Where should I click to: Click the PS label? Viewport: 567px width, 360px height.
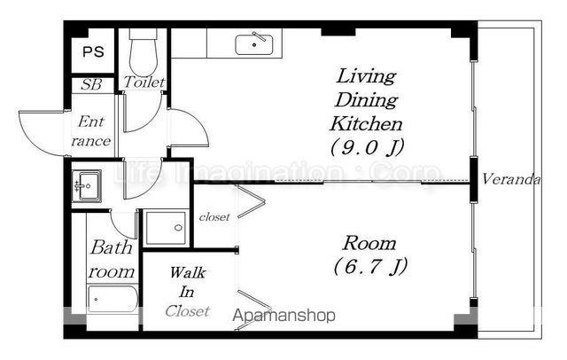pos(93,51)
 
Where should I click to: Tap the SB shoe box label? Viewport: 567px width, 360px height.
pos(91,84)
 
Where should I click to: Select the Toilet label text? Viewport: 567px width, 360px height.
pos(144,82)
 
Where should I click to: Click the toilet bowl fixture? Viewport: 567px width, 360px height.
pos(144,53)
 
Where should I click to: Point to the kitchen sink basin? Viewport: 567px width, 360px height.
pos(254,44)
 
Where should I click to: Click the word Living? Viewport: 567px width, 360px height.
pos(366,77)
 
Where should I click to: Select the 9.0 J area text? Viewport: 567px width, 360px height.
pos(367,146)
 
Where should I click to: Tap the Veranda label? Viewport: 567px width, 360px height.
pos(511,179)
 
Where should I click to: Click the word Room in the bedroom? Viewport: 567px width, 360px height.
pos(369,243)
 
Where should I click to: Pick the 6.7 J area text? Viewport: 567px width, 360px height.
pos(370,267)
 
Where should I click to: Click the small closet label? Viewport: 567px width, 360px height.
pos(214,216)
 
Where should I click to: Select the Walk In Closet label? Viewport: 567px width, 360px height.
pos(187,291)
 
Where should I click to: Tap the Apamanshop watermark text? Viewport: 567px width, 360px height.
pos(283,315)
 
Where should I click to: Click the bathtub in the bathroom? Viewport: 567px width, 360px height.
pos(113,300)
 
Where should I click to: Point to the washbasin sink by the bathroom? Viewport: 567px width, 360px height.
pos(87,186)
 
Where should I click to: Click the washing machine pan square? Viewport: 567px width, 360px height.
pos(166,228)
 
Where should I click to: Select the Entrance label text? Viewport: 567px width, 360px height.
pos(91,131)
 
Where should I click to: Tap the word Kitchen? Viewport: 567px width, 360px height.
pos(366,124)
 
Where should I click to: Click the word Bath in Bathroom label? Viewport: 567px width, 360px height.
pos(112,247)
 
